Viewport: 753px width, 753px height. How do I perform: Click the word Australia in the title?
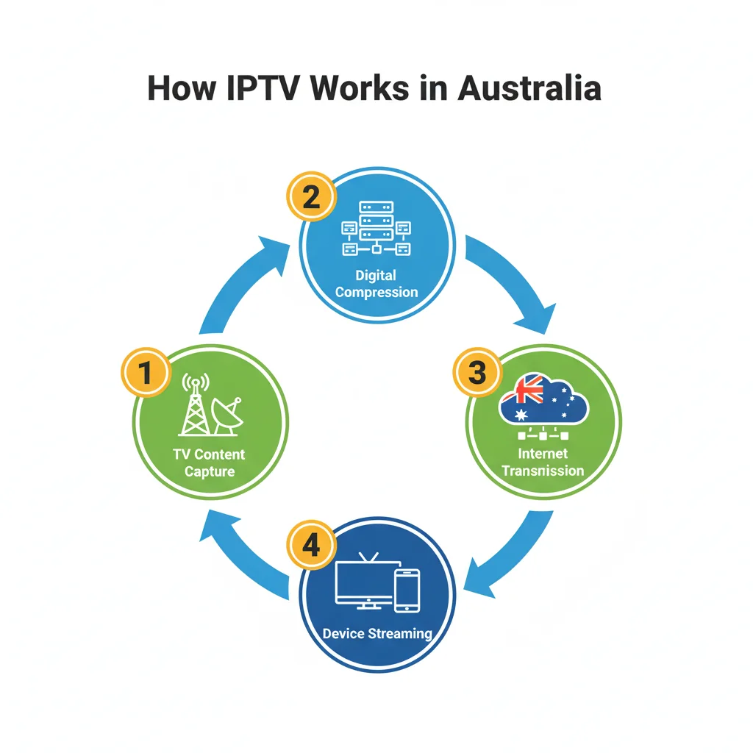click(529, 88)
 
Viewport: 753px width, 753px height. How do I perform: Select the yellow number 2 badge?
click(311, 198)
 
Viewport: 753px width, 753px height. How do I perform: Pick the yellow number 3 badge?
click(477, 373)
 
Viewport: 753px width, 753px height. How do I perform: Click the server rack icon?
click(376, 229)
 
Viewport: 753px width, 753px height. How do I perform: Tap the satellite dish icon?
click(228, 416)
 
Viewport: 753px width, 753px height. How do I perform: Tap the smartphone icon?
click(407, 590)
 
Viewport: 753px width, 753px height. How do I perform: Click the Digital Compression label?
click(376, 284)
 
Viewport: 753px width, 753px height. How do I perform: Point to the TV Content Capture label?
click(209, 463)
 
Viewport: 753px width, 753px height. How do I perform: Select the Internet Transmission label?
click(543, 462)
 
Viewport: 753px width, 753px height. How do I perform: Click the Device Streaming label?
click(376, 633)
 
